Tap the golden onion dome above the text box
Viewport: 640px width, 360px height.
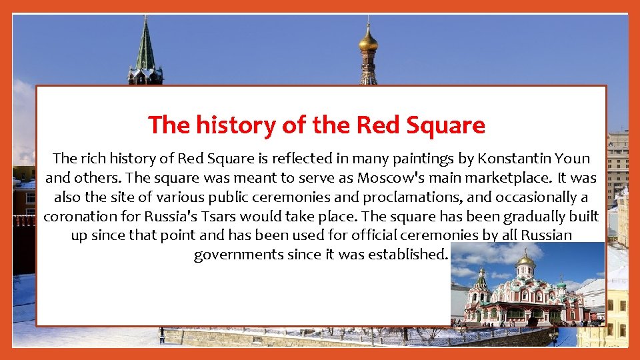368,41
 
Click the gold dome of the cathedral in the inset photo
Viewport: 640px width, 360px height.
526,260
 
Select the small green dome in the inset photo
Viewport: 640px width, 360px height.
561,284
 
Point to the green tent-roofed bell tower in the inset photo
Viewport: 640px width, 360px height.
481,280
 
